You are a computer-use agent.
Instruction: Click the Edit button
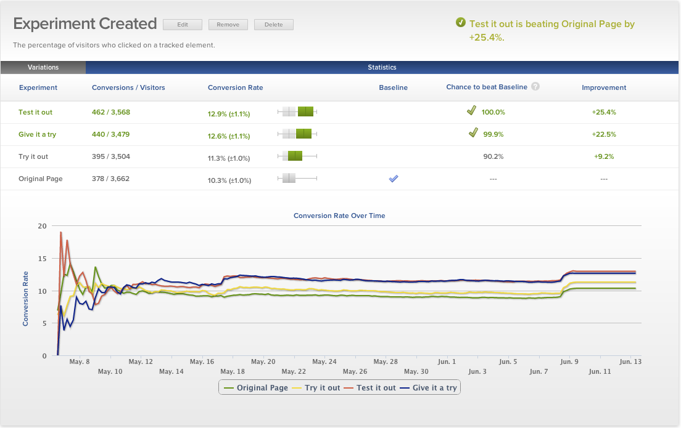(183, 25)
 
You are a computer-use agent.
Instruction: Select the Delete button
(273, 25)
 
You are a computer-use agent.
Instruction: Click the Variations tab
(43, 67)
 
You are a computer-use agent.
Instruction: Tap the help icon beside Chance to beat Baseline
(535, 87)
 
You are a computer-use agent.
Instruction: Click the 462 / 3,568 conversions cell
(111, 112)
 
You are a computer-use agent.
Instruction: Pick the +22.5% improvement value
(603, 134)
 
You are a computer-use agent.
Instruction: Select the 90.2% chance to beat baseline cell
(493, 156)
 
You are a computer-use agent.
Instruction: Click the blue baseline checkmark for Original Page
(394, 179)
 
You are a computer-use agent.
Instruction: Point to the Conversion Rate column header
(235, 87)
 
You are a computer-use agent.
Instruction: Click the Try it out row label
(33, 156)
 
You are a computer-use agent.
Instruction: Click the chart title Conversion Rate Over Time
(339, 216)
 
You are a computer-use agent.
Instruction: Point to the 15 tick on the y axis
(42, 259)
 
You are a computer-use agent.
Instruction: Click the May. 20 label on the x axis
(263, 362)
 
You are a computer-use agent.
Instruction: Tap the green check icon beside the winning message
(460, 23)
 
